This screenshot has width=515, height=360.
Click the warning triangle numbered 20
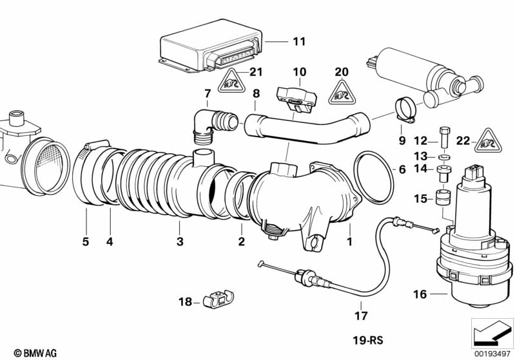342,92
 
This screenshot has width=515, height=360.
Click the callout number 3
180,242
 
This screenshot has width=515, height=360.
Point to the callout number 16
420,295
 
